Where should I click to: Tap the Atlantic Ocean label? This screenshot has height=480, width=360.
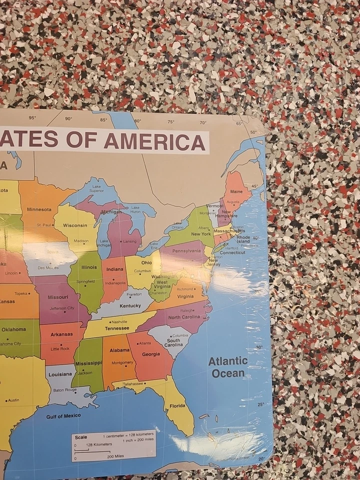[x=228, y=367]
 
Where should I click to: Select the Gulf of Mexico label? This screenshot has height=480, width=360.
[x=63, y=416]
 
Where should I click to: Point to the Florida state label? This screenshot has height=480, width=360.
[x=177, y=406]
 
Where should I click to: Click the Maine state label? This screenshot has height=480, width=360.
[x=236, y=192]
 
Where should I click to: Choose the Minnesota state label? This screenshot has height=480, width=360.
[x=39, y=209]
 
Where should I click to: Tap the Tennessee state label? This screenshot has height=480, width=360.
[x=117, y=328]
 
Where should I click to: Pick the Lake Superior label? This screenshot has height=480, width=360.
[x=97, y=188]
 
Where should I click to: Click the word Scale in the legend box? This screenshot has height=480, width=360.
[x=81, y=437]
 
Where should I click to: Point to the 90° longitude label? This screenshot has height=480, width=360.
[x=68, y=119]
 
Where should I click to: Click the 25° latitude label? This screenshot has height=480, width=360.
[x=260, y=404]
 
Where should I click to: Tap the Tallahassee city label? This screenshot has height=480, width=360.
[x=133, y=383]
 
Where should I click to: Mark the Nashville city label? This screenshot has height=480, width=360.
[x=119, y=321]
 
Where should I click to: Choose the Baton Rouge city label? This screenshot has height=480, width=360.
[x=65, y=389]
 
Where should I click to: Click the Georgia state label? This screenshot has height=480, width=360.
[x=151, y=354]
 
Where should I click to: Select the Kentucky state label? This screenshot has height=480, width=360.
[x=130, y=305]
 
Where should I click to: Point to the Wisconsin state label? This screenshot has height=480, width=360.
[x=75, y=225]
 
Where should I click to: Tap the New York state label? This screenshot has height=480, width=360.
[x=200, y=234]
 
